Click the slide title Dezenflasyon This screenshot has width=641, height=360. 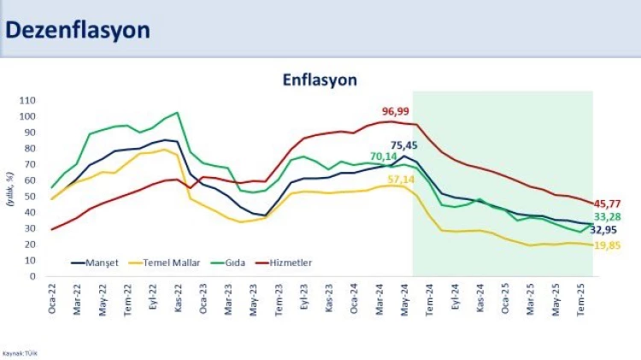[x=78, y=30]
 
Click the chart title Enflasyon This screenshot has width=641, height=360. [x=320, y=80]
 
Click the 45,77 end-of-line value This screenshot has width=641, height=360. [x=609, y=204]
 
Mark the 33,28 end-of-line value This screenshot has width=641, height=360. [x=609, y=216]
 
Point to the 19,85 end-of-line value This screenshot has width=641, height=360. [x=609, y=245]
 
